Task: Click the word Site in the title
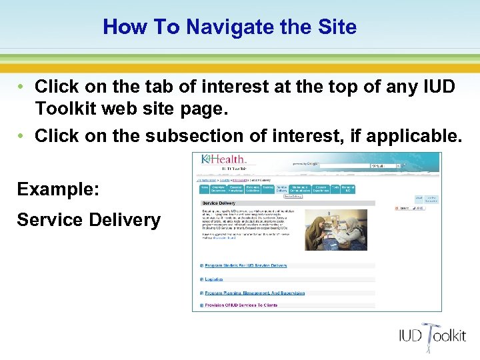(337, 27)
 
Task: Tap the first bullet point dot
(22, 87)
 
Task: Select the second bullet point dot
(22, 136)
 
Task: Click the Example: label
(58, 189)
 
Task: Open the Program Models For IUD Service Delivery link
(246, 265)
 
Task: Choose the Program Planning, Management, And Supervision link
(255, 293)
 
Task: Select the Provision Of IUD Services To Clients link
(241, 305)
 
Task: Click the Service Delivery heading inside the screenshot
(219, 203)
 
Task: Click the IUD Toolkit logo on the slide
(433, 334)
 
